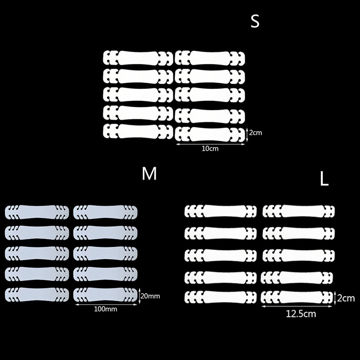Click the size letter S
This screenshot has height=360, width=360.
coord(255,22)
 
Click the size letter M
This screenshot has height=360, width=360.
coord(149,174)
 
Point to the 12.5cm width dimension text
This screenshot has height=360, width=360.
coord(301,314)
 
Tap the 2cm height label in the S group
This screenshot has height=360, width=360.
coord(255,133)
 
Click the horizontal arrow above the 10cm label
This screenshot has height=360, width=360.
coord(211,144)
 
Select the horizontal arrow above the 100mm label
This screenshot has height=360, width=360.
coord(107,304)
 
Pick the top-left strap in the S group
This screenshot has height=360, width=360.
coord(138,57)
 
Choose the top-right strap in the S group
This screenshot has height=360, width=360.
coord(210,57)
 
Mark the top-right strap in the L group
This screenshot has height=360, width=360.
coord(298,211)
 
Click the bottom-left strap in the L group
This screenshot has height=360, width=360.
coord(221,297)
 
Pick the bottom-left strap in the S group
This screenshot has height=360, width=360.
coord(138,131)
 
